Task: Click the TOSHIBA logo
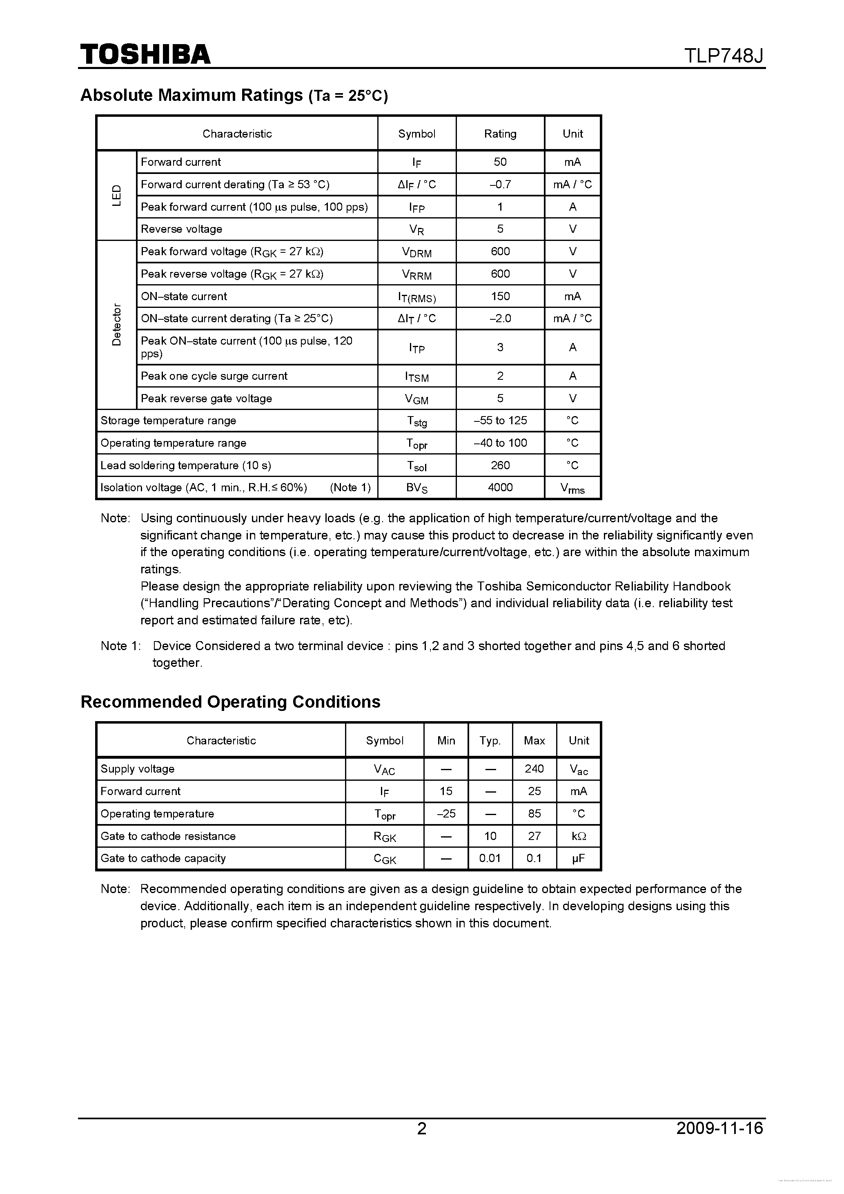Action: [145, 54]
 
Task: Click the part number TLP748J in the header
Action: [724, 56]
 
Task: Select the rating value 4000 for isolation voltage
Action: [500, 487]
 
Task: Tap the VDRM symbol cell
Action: [416, 252]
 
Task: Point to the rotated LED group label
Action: [116, 195]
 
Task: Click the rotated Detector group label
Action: [116, 325]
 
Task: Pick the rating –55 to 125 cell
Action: [500, 420]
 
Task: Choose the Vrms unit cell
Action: [572, 488]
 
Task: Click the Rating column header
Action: [500, 134]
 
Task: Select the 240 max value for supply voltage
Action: [534, 769]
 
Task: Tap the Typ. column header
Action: [490, 740]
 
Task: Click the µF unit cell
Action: [578, 858]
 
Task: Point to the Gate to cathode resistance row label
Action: [168, 836]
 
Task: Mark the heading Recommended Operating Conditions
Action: [230, 702]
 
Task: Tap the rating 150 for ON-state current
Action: [500, 296]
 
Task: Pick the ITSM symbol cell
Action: [416, 376]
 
